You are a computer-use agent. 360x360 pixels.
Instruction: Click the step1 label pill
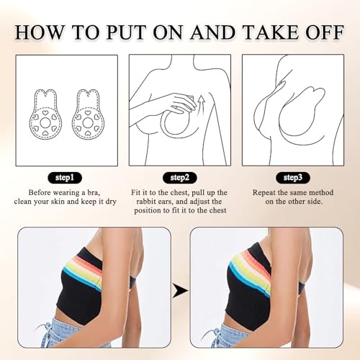tap(65, 177)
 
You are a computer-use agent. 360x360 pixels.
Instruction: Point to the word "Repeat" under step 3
tap(264, 194)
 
